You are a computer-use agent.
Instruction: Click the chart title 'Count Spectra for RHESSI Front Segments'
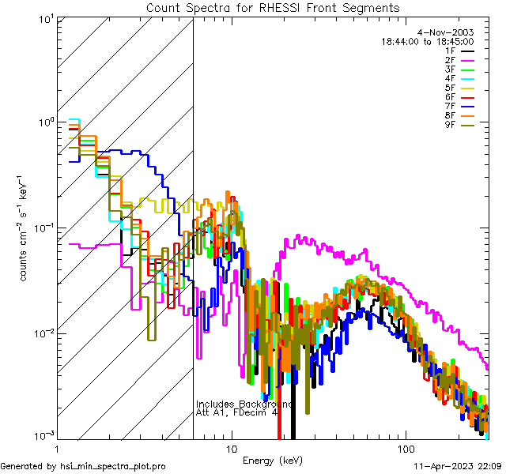click(273, 8)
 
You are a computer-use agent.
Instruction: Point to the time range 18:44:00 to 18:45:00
click(427, 41)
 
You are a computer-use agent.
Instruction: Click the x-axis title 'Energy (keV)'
click(273, 460)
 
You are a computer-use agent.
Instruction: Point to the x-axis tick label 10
click(231, 447)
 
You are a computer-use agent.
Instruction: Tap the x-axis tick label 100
click(405, 447)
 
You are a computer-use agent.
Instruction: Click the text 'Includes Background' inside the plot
click(244, 404)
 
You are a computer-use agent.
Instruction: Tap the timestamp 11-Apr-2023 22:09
click(459, 466)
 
